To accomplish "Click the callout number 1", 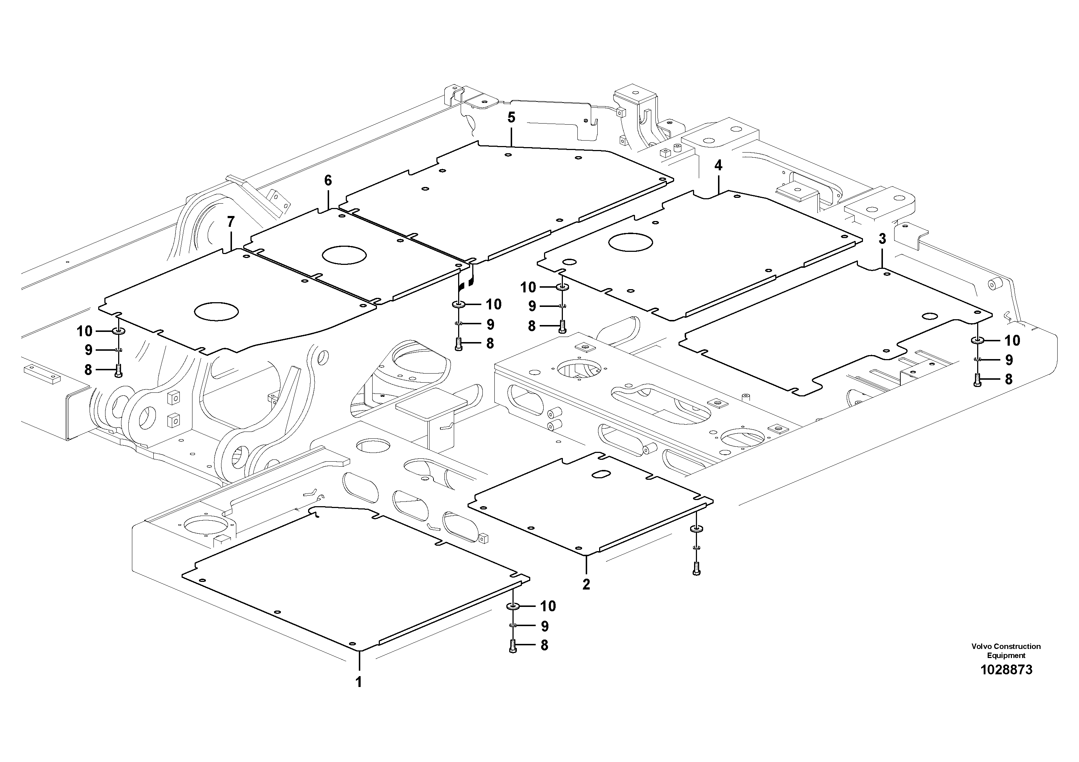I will pos(358,682).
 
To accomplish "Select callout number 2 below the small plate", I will pos(586,584).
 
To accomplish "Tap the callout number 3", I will pos(882,239).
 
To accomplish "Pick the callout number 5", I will pos(511,117).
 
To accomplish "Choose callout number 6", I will pos(328,180).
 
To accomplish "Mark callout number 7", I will pos(230,221).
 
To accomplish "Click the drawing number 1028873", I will pos(1006,670).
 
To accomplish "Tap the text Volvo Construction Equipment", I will pos(1006,651).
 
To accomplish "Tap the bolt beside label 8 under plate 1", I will pos(513,646).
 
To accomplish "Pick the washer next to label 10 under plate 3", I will pos(978,340).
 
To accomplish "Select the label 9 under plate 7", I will pos(88,350).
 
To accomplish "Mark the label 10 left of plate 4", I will pos(528,287).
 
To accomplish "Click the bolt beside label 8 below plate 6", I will pos(459,344).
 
